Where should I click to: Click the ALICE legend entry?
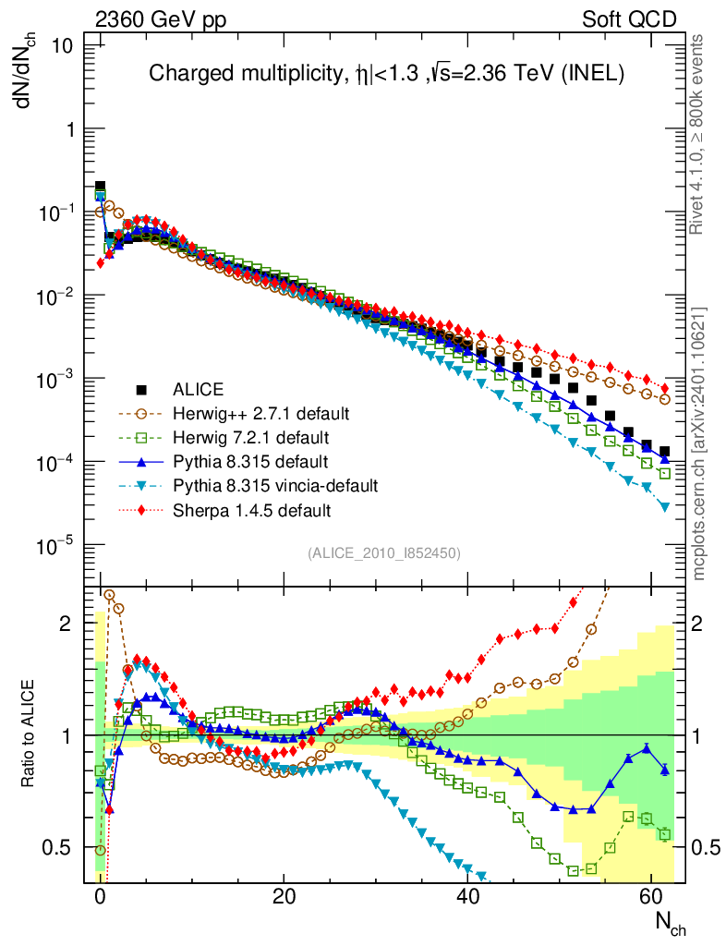[x=200, y=388]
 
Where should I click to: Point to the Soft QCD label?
[x=629, y=18]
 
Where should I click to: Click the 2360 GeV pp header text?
[x=152, y=18]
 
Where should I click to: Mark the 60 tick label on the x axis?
[x=651, y=897]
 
